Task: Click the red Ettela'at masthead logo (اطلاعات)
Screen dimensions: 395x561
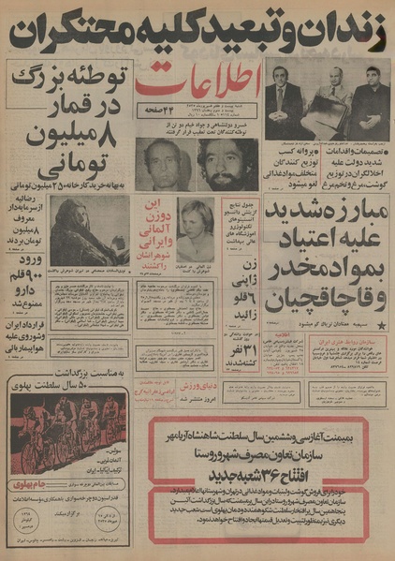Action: (199, 88)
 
